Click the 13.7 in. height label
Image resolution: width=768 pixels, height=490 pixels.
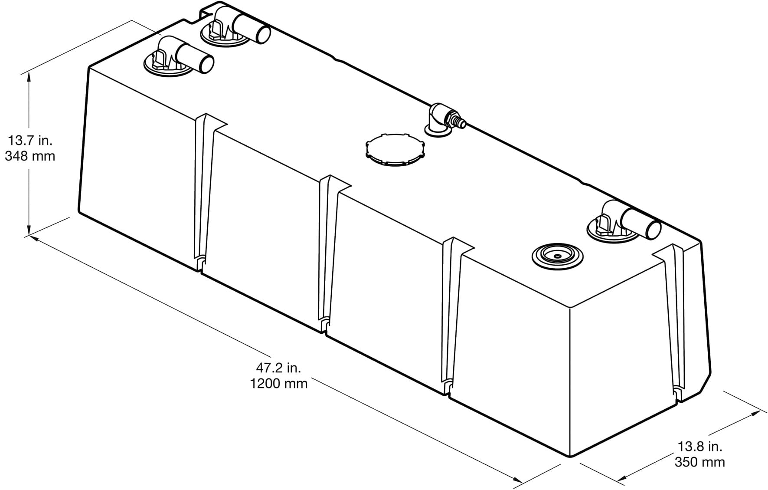pos(30,141)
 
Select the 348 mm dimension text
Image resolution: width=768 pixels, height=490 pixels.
pos(30,156)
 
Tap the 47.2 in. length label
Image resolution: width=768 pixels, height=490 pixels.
pos(278,368)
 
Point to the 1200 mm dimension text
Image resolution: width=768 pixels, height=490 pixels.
pos(278,384)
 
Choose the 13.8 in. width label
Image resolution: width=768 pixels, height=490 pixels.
pos(700,446)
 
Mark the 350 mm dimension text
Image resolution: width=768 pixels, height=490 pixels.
pos(700,462)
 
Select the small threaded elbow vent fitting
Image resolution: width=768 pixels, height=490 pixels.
pos(444,120)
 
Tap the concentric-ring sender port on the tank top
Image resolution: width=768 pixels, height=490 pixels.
pos(557,256)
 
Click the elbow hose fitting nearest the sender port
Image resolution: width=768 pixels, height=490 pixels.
pos(623,221)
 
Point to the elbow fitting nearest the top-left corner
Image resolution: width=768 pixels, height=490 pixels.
pos(178,57)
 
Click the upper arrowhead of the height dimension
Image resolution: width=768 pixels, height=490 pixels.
pos(29,77)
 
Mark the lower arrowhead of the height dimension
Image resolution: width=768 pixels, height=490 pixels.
pos(29,230)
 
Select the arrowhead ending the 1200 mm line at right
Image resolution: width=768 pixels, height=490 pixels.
pos(517,479)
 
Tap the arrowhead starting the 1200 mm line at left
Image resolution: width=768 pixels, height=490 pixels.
pos(35,238)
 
